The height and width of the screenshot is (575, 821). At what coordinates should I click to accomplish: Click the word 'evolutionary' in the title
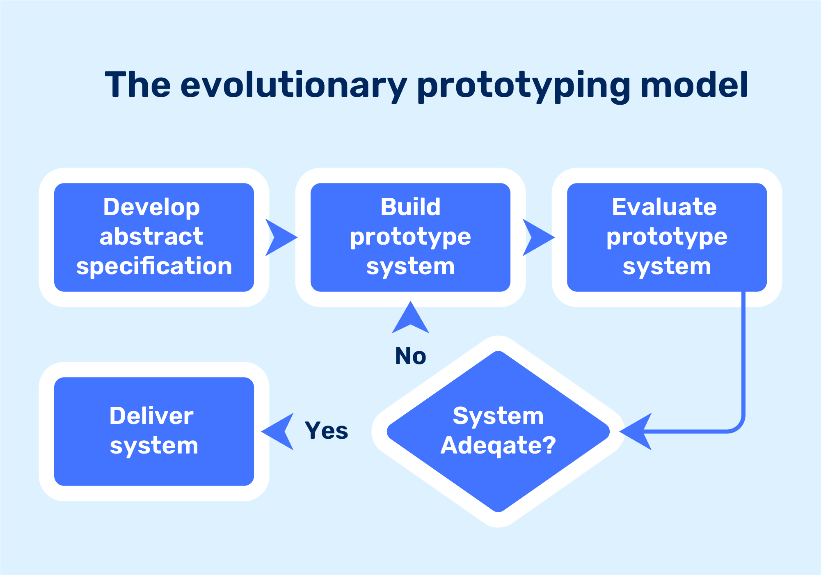[x=293, y=85]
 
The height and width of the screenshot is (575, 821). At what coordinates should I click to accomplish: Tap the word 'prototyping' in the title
[x=523, y=86]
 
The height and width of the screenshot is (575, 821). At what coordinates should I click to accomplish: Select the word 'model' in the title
[x=694, y=85]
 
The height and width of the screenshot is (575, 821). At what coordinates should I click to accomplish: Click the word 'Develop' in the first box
[x=151, y=207]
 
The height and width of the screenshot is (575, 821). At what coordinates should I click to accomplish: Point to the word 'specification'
[x=154, y=266]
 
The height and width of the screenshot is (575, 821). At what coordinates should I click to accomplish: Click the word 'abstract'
[x=151, y=237]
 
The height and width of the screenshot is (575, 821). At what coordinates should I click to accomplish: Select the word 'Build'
[x=410, y=207]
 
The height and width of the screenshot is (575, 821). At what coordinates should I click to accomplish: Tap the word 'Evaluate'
[x=664, y=207]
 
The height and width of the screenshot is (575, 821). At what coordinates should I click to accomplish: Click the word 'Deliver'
[x=151, y=416]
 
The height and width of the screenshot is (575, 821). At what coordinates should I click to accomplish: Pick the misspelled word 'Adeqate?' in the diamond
[x=498, y=446]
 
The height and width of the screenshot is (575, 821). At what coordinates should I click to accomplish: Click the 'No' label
[x=410, y=356]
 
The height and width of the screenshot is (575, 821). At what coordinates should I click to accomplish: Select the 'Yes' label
[x=326, y=431]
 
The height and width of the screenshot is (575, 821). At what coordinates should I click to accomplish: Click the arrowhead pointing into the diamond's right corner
[x=637, y=431]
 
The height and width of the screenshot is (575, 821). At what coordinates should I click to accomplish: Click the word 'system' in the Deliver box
[x=154, y=446]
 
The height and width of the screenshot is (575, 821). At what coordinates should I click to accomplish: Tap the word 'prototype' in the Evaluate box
[x=667, y=237]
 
